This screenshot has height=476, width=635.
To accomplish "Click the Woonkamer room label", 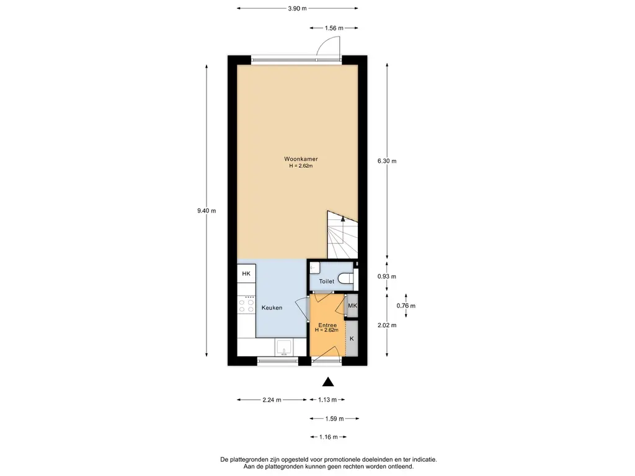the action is pyautogui.click(x=301, y=159).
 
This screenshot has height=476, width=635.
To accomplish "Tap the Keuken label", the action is pyautogui.click(x=272, y=307).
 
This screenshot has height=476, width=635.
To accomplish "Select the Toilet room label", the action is pyautogui.click(x=326, y=281).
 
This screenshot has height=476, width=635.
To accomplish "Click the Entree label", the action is pyautogui.click(x=327, y=325).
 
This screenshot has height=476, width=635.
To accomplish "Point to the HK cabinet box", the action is pyautogui.click(x=246, y=273).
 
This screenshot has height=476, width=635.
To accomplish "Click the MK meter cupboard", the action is pyautogui.click(x=352, y=306).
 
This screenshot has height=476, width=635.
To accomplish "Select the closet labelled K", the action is pyautogui.click(x=352, y=338).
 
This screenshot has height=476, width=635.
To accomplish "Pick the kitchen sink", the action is pyautogui.click(x=285, y=347).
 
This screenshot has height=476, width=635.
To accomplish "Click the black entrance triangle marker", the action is pyautogui.click(x=328, y=382).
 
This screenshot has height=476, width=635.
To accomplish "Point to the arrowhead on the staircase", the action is pyautogui.click(x=342, y=219).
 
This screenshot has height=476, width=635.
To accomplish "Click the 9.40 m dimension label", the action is pyautogui.click(x=206, y=211).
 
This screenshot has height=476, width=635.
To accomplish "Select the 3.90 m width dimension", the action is pyautogui.click(x=297, y=8).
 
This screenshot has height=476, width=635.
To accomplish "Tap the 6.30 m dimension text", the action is pyautogui.click(x=387, y=161).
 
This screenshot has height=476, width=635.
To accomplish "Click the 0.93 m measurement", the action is pyautogui.click(x=387, y=276).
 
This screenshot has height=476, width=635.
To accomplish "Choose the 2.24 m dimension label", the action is pyautogui.click(x=272, y=400).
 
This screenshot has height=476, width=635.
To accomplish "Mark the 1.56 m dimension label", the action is pyautogui.click(x=334, y=28).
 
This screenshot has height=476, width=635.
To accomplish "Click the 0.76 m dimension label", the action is pyautogui.click(x=406, y=306).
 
